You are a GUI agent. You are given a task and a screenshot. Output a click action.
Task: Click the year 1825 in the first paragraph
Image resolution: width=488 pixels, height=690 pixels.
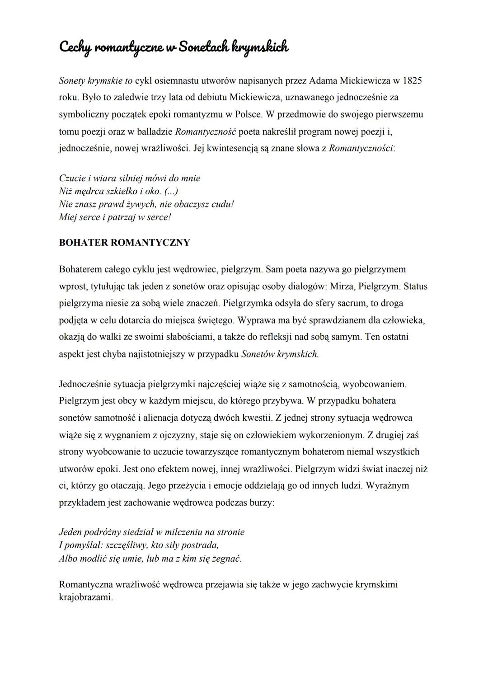click(x=412, y=81)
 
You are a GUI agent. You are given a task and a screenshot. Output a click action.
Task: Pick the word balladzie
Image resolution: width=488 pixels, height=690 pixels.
click(x=154, y=131)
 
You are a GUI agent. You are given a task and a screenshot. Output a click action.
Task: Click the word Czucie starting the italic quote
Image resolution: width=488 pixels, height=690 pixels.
click(x=71, y=178)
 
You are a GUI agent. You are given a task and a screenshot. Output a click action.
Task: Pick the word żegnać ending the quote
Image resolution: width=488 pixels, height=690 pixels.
click(x=226, y=559)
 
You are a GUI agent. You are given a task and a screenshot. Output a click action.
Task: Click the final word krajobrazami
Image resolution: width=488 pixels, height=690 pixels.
click(x=85, y=597)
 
